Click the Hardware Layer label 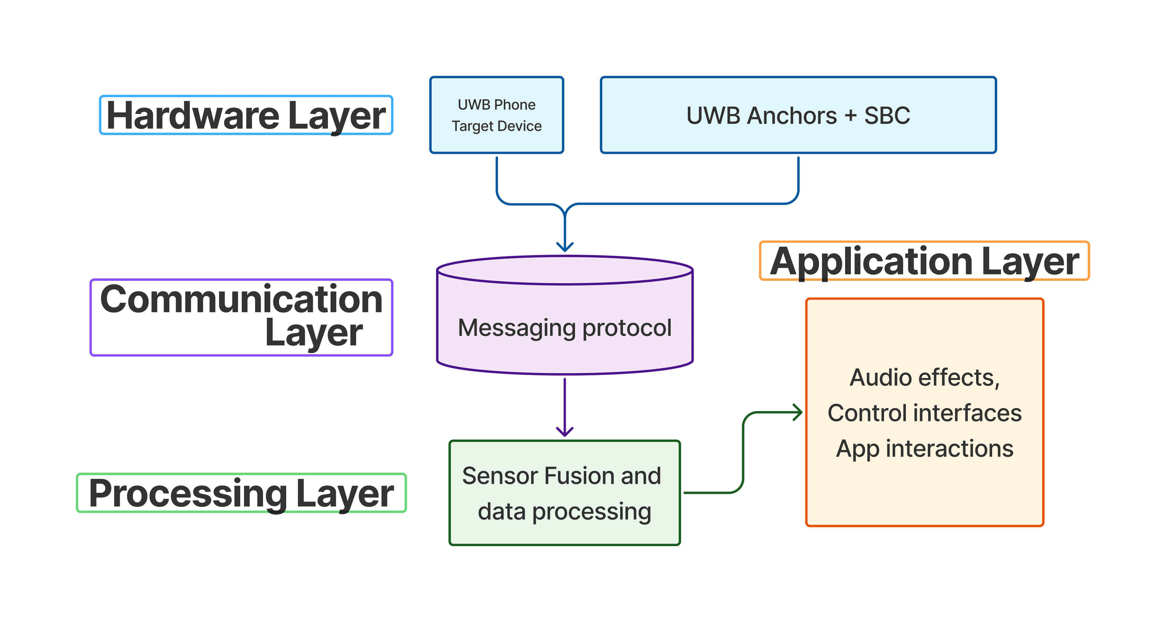coord(246,115)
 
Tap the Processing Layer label coord(241,493)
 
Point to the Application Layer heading coord(924,261)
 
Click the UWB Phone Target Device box coord(496,115)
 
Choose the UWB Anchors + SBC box coord(798,115)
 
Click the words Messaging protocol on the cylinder coord(564,328)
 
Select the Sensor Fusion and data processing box coord(564,493)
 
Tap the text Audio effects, coord(924,377)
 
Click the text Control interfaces coord(924,413)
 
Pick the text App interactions coord(924,449)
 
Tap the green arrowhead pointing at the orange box coord(798,412)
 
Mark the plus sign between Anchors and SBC coord(851,116)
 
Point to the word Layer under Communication coord(314,333)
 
